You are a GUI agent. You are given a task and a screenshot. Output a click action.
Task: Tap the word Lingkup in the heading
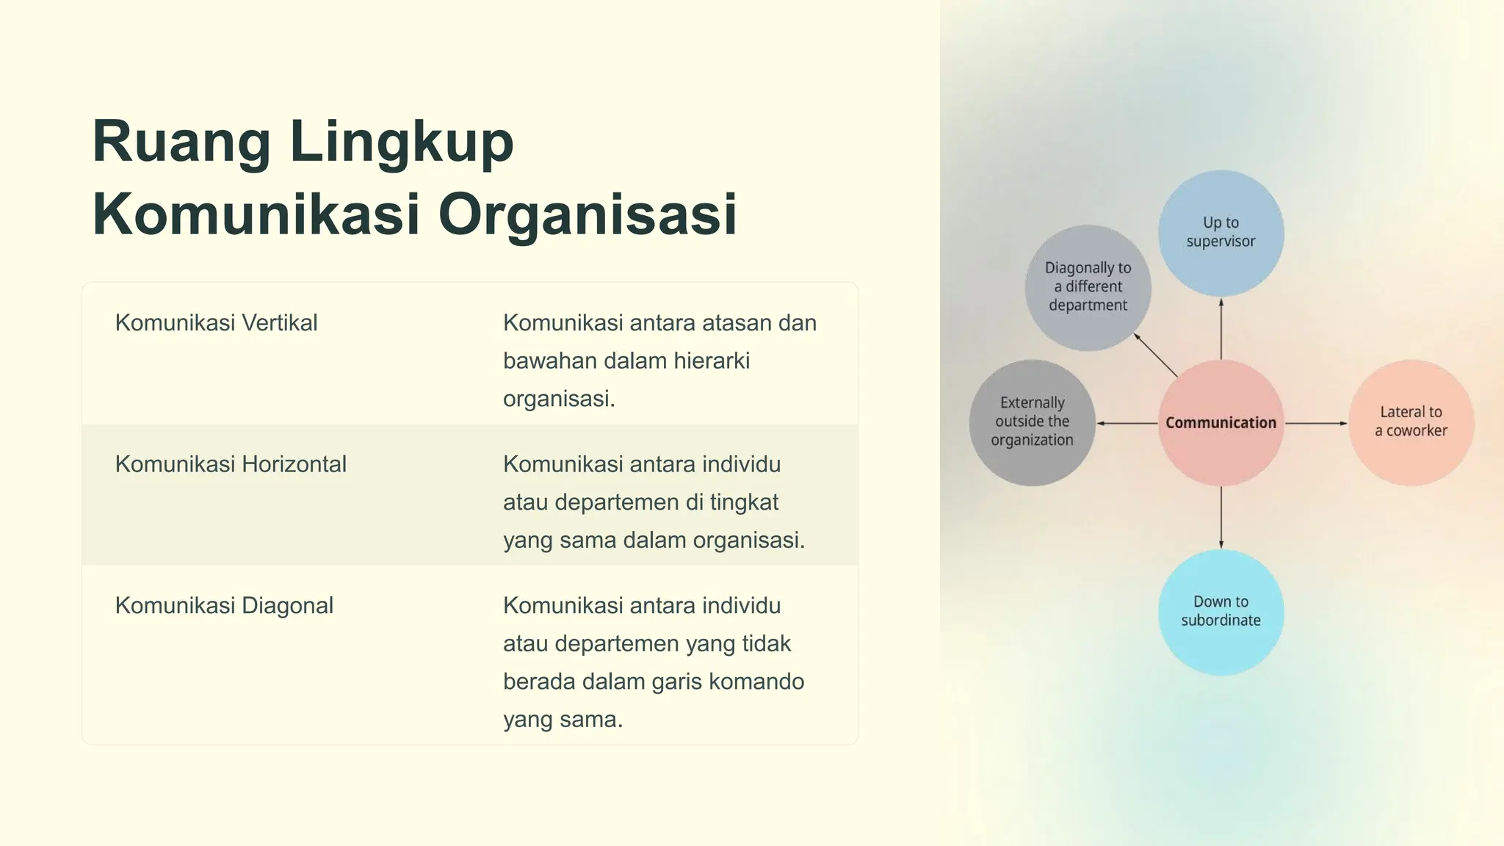coord(401,142)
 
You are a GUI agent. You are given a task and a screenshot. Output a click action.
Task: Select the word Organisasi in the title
coord(587,214)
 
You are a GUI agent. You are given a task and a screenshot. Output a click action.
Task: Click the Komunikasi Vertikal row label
coord(216,322)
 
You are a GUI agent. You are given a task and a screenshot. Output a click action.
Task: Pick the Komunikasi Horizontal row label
coord(231,464)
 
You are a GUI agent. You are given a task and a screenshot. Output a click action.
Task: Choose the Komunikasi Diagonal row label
coord(224,606)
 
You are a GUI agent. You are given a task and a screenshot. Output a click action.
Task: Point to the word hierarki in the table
coord(711,361)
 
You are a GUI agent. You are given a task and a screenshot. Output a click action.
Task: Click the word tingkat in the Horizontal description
coord(744,502)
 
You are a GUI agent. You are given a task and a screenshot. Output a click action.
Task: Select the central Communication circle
coord(1221,423)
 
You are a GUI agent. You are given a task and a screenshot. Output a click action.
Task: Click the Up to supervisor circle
coord(1221,233)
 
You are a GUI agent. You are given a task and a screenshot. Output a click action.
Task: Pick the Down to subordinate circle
coord(1221,612)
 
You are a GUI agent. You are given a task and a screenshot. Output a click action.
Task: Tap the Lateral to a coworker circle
coord(1411,422)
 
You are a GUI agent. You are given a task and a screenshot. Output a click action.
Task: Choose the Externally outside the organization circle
coord(1032,422)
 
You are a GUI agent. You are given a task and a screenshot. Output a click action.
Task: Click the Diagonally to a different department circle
coord(1088,287)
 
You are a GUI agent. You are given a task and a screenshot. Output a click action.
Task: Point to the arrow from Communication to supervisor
coord(1221,328)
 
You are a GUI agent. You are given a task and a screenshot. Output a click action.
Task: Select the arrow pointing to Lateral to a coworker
coord(1316,424)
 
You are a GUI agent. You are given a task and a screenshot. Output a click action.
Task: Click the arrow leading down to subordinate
coord(1221,517)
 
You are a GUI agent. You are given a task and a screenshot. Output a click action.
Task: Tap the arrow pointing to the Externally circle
coord(1127,424)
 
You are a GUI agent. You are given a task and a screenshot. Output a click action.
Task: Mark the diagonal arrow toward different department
coord(1156,355)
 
